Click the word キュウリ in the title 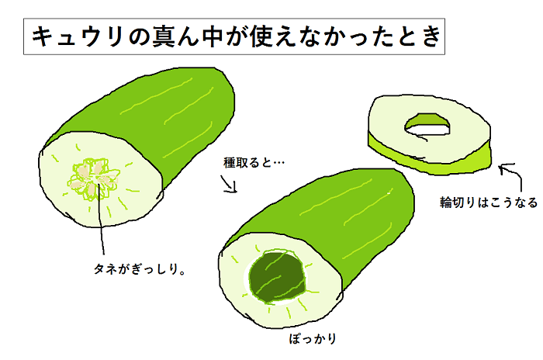[78, 36]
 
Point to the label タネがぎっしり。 [140, 269]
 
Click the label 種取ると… [254, 162]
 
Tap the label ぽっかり [313, 338]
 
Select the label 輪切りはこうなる [489, 202]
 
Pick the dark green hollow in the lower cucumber [278, 277]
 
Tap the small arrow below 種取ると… [229, 184]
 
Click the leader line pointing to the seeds [101, 219]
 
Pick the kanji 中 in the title [212, 36]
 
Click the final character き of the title [431, 36]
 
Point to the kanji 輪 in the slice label [446, 202]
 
